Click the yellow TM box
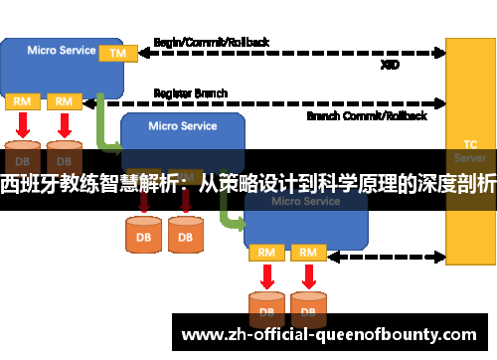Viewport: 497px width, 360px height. coord(117,52)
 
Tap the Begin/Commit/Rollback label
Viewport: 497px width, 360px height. coord(212,43)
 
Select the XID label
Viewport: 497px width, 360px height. coord(391,64)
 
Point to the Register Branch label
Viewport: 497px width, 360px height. coord(190,93)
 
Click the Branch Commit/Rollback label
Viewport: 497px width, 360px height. coord(367,115)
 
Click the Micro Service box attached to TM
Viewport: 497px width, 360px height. coord(55,62)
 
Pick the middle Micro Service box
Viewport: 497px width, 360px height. coord(182,133)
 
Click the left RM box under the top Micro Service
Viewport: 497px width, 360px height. coord(22,101)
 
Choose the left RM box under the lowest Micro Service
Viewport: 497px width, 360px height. coord(266,253)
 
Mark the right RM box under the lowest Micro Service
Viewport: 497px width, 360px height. coord(308,253)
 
